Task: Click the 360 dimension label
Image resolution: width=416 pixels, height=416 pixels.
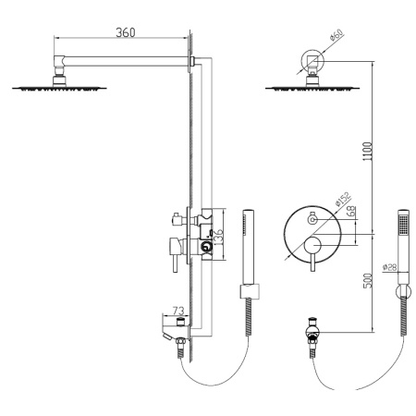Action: pyautogui.click(x=127, y=32)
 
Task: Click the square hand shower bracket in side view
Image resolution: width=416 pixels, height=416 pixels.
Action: pyautogui.click(x=248, y=294)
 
